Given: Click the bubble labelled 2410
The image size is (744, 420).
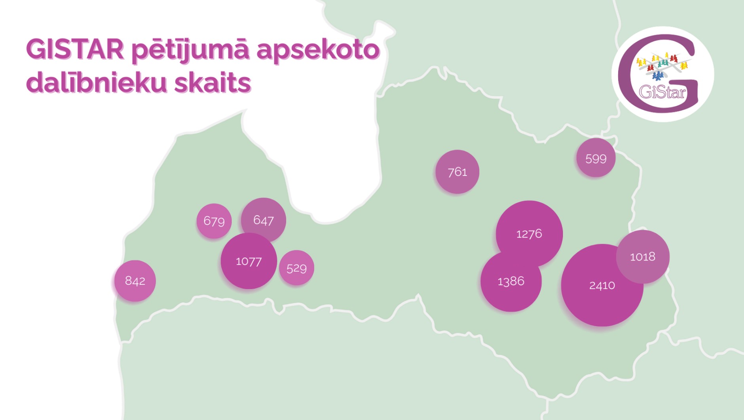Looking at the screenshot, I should coord(602,285).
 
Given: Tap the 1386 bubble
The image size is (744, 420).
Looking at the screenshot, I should coord(511,281).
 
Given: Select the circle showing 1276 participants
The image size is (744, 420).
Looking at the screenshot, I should coord(529,233).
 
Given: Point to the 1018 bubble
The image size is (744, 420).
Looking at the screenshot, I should coord(643,257).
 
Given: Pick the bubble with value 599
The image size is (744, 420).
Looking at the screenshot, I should coord(596,158).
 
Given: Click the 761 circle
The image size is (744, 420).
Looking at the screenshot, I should coord(457,172).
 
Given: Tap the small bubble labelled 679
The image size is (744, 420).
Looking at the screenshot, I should coord(214,221).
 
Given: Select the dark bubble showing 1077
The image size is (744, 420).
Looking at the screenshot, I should coord(249,261).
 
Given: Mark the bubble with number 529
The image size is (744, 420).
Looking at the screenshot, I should coord(296,268).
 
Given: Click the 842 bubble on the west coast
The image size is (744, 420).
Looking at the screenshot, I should coord(135,281).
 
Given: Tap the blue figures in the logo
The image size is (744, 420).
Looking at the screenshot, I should coord(657,76).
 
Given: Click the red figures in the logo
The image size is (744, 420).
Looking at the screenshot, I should coord(651,68).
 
